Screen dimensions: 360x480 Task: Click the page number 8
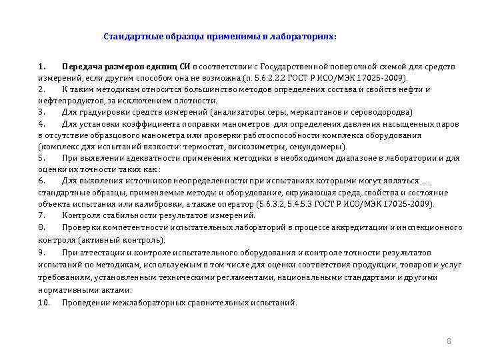pos(449,341)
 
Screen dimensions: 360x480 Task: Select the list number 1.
pos(41,67)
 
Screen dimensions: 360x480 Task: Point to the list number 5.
pos(41,158)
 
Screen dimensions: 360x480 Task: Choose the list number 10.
pos(44,302)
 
